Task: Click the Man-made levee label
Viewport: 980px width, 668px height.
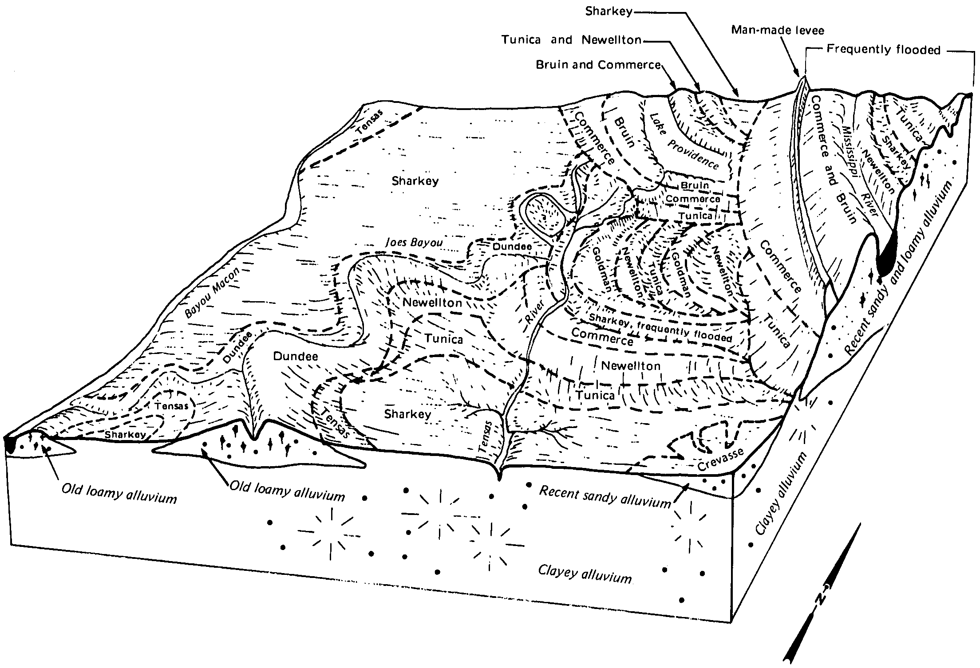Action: tap(778, 30)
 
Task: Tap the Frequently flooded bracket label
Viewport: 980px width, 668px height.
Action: tap(883, 50)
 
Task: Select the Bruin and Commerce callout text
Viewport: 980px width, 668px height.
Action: tap(599, 65)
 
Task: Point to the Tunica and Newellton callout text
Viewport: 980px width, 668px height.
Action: tap(572, 40)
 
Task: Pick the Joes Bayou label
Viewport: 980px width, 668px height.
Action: tap(414, 243)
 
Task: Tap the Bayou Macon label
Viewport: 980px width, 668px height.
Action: tap(212, 293)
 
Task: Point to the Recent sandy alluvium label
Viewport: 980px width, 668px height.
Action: tap(605, 496)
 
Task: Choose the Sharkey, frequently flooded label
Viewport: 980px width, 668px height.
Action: tap(660, 328)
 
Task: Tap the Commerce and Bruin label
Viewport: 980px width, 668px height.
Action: tap(833, 160)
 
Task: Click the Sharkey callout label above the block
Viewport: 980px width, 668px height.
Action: tap(609, 11)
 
